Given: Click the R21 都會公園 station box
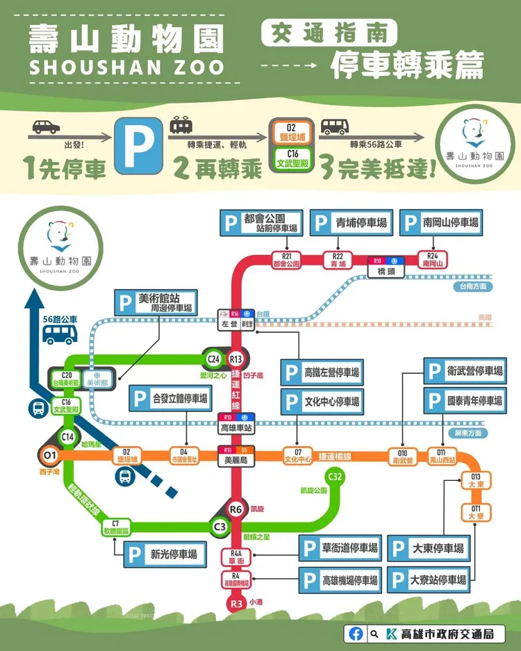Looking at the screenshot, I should pyautogui.click(x=286, y=261).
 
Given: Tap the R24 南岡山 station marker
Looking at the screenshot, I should pyautogui.click(x=433, y=261).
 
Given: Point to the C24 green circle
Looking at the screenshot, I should pyautogui.click(x=213, y=359).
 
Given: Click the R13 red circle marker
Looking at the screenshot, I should pyautogui.click(x=236, y=359).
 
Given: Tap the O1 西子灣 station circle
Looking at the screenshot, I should pyautogui.click(x=49, y=456).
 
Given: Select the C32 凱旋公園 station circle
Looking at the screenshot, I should pyautogui.click(x=335, y=477).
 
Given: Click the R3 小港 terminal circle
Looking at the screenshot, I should pyautogui.click(x=236, y=602).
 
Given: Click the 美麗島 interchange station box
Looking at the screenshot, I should pyautogui.click(x=236, y=455).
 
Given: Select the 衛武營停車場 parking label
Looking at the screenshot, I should pyautogui.click(x=465, y=371).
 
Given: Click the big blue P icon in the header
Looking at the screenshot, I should pyautogui.click(x=139, y=145).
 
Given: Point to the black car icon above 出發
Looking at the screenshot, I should pyautogui.click(x=45, y=127).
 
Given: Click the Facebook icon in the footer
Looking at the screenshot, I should pyautogui.click(x=356, y=634).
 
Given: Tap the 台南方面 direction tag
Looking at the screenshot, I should pyautogui.click(x=472, y=286).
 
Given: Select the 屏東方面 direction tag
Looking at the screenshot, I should pyautogui.click(x=469, y=433).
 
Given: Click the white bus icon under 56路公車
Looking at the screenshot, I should pyautogui.click(x=60, y=335).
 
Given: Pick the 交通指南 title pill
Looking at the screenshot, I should pyautogui.click(x=329, y=33).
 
